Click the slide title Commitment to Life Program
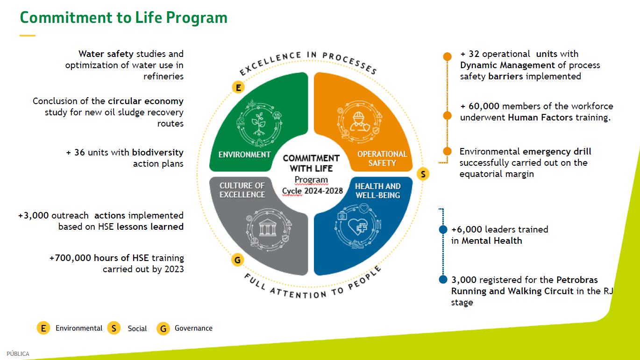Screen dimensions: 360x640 pyautogui.click(x=123, y=17)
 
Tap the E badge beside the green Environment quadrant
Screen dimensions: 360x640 pyautogui.click(x=238, y=87)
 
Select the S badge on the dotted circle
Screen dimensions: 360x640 pyautogui.click(x=422, y=174)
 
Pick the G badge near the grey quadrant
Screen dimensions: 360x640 pyautogui.click(x=238, y=260)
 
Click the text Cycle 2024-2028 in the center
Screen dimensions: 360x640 pyautogui.click(x=313, y=191)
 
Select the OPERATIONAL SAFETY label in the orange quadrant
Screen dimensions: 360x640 pyautogui.click(x=382, y=158)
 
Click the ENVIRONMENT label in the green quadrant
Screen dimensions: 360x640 pyautogui.click(x=244, y=155)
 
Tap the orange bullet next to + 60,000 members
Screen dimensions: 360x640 pyautogui.click(x=447, y=116)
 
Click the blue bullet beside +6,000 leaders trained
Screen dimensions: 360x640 pyautogui.click(x=443, y=230)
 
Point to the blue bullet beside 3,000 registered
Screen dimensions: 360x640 pyautogui.click(x=443, y=280)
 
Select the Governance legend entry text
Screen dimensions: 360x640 pyautogui.click(x=193, y=328)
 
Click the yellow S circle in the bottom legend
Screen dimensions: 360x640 pyautogui.click(x=114, y=328)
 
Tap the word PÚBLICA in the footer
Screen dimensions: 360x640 pyautogui.click(x=18, y=354)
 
